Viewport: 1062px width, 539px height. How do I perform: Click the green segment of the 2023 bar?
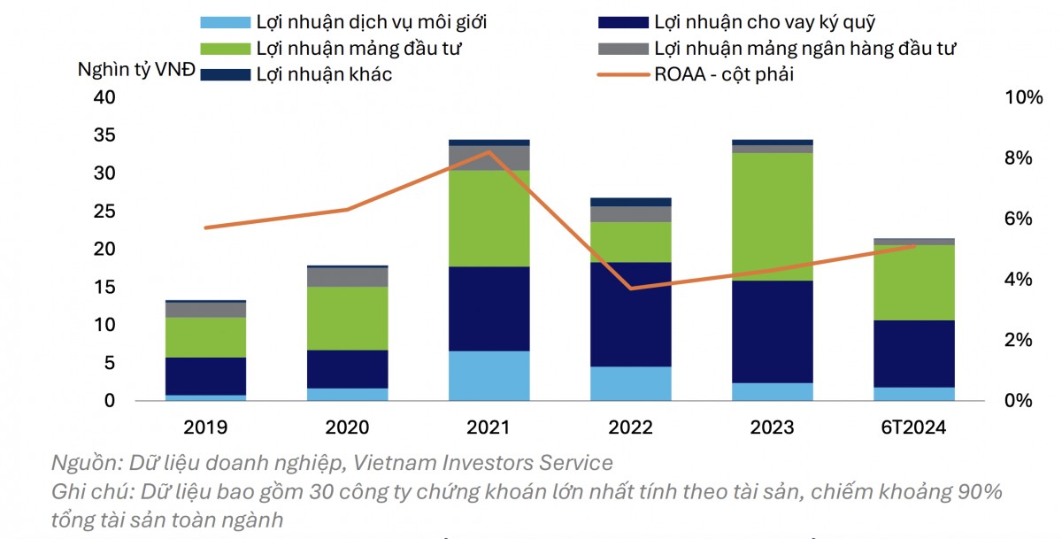click(772, 217)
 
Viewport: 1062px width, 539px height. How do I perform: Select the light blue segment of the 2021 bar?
click(489, 375)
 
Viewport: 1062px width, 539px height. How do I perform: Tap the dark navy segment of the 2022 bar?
click(630, 314)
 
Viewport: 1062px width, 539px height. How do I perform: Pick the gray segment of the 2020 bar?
click(347, 276)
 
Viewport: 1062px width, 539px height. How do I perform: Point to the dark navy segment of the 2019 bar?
click(205, 376)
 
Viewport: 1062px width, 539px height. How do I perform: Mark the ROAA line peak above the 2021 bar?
click(489, 151)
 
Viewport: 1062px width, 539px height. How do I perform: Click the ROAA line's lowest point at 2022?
click(630, 288)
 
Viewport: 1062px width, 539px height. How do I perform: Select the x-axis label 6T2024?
click(913, 427)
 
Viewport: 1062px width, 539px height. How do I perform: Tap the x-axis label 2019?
click(205, 427)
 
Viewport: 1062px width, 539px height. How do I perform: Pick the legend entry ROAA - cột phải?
click(723, 74)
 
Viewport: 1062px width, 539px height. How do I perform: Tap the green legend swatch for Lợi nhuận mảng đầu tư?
click(224, 48)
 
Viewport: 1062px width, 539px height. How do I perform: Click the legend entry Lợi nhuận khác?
click(323, 74)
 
